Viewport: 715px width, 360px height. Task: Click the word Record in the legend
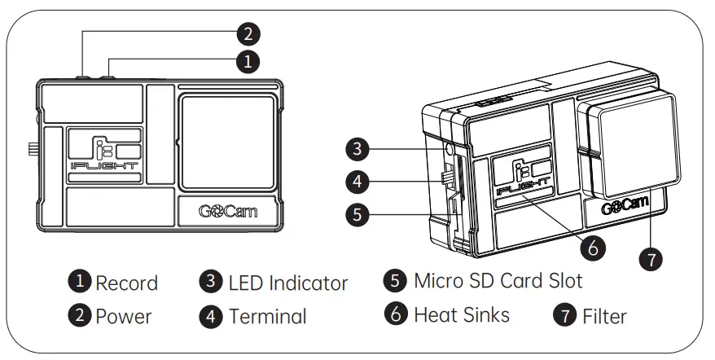point(126,283)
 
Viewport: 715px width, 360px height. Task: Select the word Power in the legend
point(123,316)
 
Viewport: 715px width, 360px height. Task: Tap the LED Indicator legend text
point(287,283)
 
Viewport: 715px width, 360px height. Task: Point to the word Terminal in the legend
point(267,316)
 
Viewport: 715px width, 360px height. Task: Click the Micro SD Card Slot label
point(498,281)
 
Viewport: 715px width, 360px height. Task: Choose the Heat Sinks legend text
point(461,314)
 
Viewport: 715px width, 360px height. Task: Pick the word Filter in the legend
point(604,315)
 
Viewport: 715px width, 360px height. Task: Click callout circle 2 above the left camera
point(248,34)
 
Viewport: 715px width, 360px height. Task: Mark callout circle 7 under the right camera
point(651,258)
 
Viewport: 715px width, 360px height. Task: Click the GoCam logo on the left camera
point(228,210)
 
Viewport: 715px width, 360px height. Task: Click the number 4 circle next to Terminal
point(212,316)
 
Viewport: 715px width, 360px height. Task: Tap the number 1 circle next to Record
point(79,283)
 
